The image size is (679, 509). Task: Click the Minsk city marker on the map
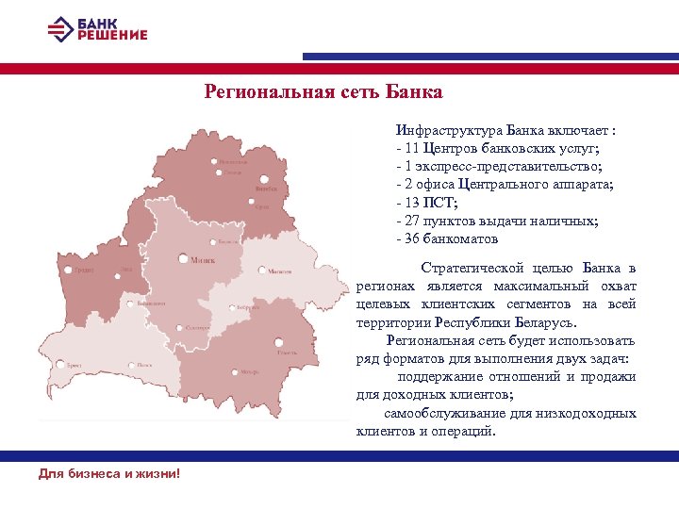[x=182, y=257]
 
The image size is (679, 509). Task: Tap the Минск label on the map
[x=202, y=260]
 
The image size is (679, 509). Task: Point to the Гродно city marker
[x=70, y=269]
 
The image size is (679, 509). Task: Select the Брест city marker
[x=61, y=364]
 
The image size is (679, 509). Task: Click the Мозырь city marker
[x=231, y=372]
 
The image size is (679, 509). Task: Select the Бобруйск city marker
[x=231, y=307]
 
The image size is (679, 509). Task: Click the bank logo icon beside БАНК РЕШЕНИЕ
[x=59, y=29]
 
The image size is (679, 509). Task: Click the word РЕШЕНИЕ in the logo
[x=113, y=36]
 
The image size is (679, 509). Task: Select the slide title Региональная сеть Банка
[x=323, y=92]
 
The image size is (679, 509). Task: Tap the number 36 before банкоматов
[x=412, y=238]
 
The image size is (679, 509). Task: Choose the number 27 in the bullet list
[x=412, y=221]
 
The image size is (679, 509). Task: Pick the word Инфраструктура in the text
[x=449, y=131]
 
